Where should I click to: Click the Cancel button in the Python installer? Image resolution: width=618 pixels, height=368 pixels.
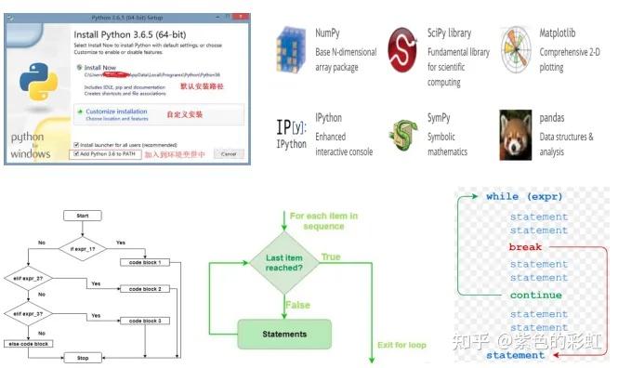[228, 153]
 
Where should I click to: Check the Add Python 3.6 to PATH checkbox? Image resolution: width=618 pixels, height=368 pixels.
[75, 153]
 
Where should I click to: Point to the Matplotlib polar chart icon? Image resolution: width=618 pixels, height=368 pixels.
[516, 47]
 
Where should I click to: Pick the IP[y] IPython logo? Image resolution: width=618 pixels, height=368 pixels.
[292, 131]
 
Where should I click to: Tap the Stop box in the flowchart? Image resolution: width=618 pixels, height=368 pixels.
[82, 357]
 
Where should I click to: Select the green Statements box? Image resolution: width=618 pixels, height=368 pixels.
[284, 332]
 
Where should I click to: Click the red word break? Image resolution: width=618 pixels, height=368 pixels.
[525, 247]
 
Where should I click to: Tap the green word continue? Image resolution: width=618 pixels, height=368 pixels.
[535, 295]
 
